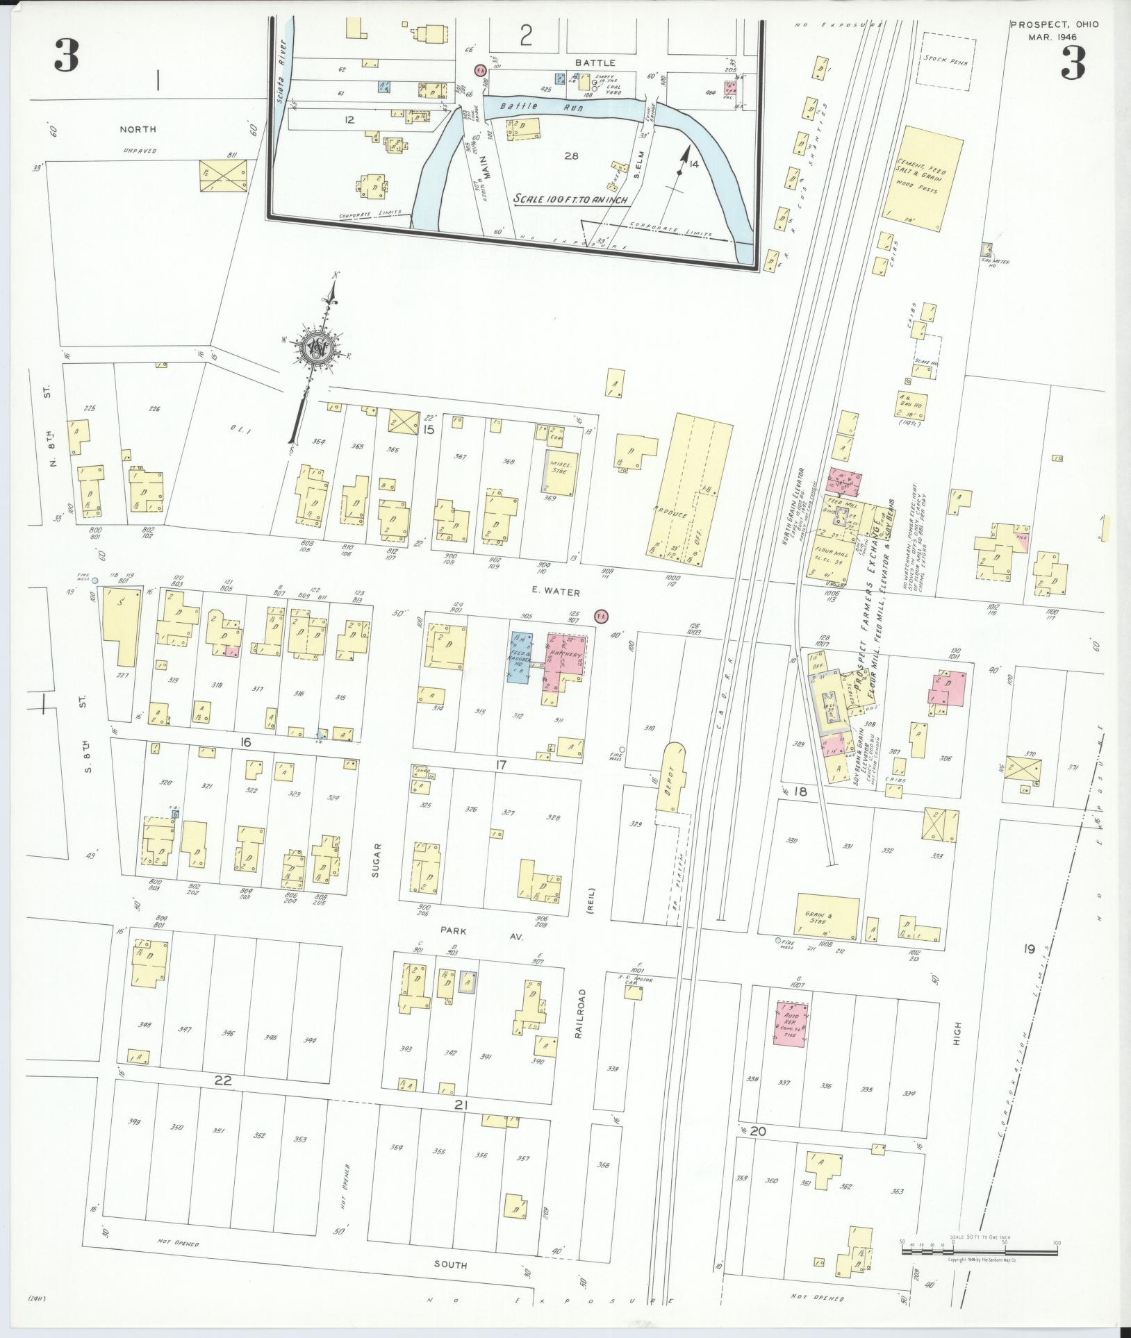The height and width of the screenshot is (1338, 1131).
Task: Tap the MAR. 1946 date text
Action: coord(1054,36)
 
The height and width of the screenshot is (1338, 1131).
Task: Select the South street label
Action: coord(451,1264)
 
